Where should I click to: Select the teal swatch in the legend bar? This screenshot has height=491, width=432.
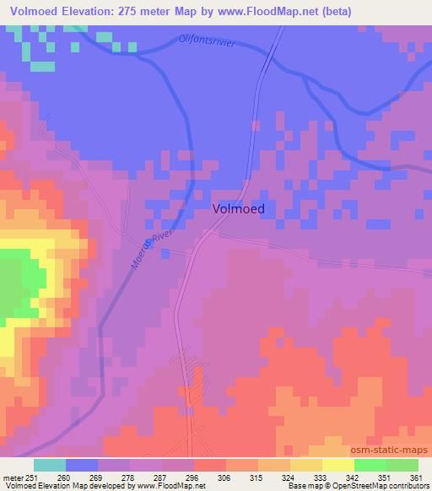pyautogui.click(x=51, y=465)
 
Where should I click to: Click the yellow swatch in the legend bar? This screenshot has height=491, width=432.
pyautogui.click(x=337, y=465)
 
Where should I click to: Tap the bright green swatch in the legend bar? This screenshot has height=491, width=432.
pyautogui.click(x=370, y=465)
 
